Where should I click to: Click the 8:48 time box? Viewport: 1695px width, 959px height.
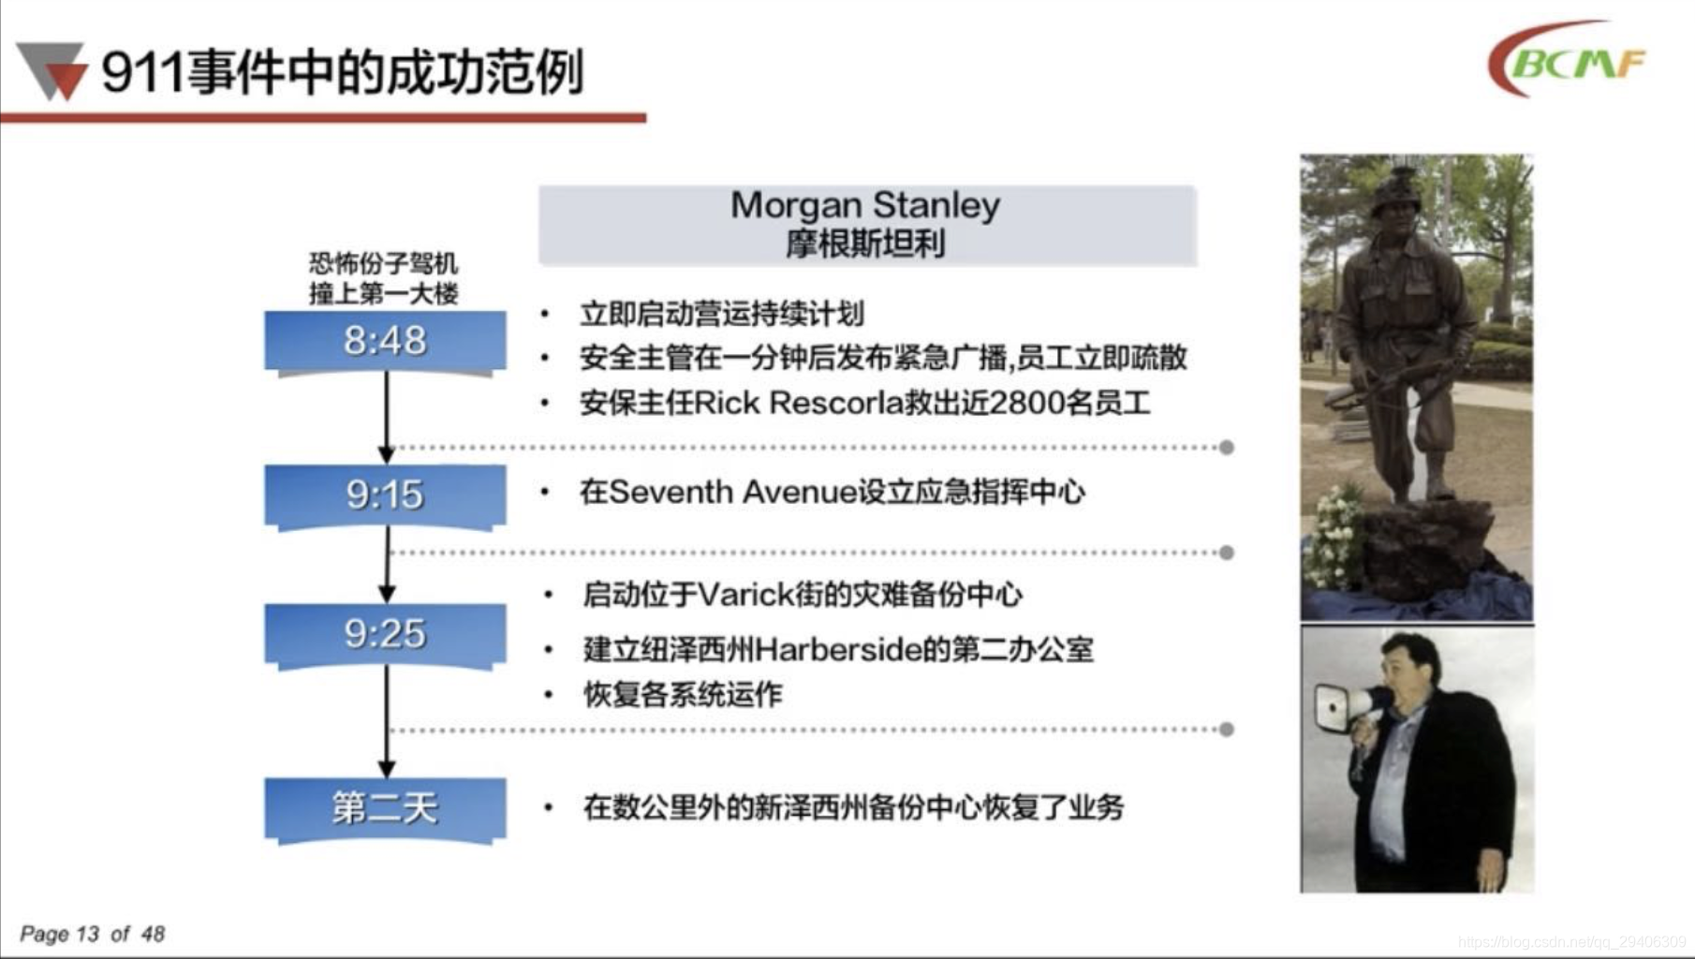point(385,342)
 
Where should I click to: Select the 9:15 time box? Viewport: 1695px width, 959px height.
point(385,495)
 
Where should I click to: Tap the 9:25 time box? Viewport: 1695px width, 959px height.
point(385,635)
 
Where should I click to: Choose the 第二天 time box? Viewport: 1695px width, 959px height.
point(385,808)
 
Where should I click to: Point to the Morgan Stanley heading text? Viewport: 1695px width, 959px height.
point(865,205)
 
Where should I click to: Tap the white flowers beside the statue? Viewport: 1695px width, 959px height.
point(1331,534)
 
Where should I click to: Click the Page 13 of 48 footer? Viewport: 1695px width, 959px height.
point(92,934)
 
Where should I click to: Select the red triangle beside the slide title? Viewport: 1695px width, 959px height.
point(65,79)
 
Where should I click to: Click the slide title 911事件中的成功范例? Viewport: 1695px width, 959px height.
point(342,72)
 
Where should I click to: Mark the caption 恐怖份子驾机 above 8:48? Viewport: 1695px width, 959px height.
point(384,263)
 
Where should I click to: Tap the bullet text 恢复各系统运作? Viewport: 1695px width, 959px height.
point(683,694)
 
